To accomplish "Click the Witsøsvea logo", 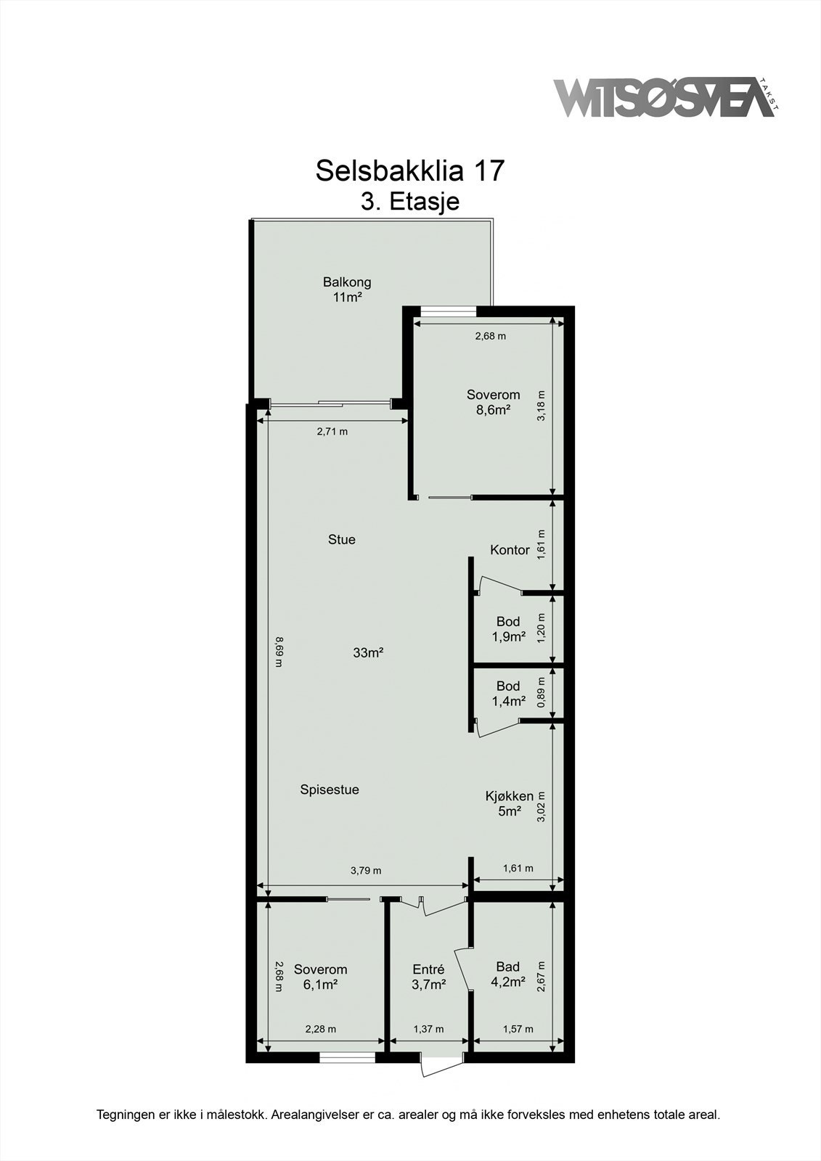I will click(x=664, y=97).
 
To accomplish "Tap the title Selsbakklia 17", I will click(x=409, y=171).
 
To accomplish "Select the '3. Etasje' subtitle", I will click(x=410, y=201).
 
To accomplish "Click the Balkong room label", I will click(x=347, y=289).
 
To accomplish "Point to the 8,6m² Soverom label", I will click(x=493, y=402).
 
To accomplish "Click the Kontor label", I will click(x=510, y=550).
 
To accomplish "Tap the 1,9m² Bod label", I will click(x=508, y=629).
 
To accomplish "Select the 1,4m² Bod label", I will click(x=508, y=694).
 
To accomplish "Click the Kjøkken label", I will click(x=509, y=803).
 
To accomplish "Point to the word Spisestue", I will click(x=330, y=790).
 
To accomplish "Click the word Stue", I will click(x=341, y=540).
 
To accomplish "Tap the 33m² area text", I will click(x=368, y=653).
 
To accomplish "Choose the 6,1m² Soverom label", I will click(x=320, y=977).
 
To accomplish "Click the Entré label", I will click(x=428, y=977).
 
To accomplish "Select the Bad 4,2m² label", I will click(x=508, y=975).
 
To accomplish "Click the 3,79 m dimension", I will click(x=365, y=871).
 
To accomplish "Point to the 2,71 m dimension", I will click(x=332, y=432).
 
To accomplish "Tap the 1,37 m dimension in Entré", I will click(x=428, y=1029).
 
